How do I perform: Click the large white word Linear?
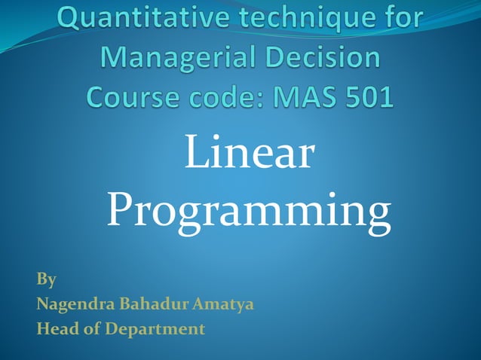pyautogui.click(x=248, y=154)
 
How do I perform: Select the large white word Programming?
pyautogui.click(x=248, y=211)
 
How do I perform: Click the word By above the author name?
pyautogui.click(x=46, y=280)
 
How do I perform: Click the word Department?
pyautogui.click(x=155, y=329)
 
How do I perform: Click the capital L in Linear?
pyautogui.click(x=195, y=154)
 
